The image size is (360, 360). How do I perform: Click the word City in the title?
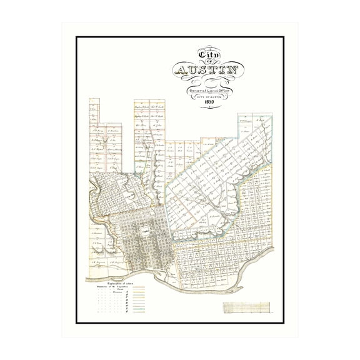point(209,54)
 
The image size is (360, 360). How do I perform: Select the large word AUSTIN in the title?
point(209,70)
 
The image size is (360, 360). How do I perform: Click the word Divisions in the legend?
point(116,292)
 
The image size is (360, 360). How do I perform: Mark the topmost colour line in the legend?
point(139,287)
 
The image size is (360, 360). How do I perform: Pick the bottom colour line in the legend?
point(139,311)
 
